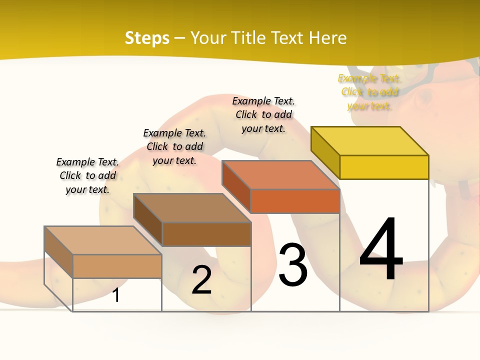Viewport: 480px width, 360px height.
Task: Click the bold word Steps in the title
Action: (x=147, y=38)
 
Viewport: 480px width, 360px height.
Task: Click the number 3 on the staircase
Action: (x=293, y=265)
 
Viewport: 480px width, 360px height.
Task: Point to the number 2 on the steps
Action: (x=201, y=280)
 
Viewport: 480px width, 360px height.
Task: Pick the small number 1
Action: (x=116, y=295)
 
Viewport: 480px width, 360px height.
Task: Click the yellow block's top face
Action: (x=370, y=140)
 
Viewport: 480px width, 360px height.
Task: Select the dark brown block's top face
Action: (x=192, y=207)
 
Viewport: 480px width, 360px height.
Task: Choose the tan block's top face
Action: (x=103, y=240)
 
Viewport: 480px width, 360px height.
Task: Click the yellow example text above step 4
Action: (x=369, y=92)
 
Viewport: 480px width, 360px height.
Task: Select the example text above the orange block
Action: (x=263, y=114)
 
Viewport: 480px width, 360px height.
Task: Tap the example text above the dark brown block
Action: (x=174, y=146)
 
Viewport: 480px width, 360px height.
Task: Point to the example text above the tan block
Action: (x=87, y=175)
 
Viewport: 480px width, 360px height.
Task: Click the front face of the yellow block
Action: (x=384, y=167)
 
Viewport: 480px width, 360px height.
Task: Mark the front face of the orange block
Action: (x=295, y=201)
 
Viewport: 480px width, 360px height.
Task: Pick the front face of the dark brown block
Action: (x=206, y=234)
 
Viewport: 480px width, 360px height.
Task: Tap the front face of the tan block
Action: (x=117, y=266)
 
